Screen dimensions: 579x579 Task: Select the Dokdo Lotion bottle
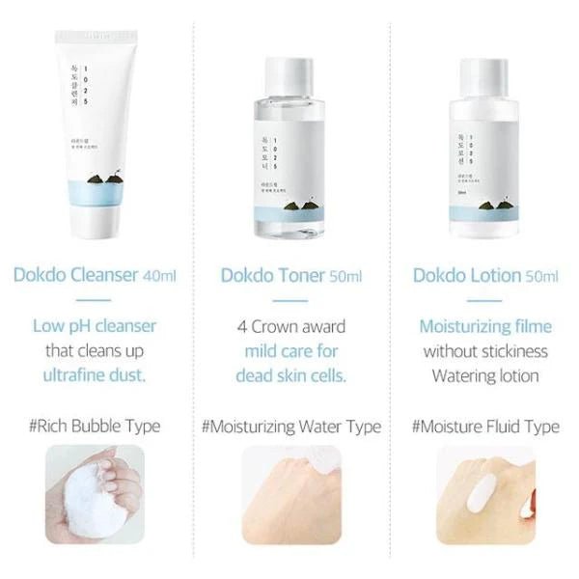pos(483,164)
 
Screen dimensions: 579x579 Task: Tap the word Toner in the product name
pos(303,275)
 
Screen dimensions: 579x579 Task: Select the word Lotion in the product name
pos(497,275)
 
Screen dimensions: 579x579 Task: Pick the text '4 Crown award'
pos(290,326)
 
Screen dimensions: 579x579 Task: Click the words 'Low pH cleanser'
pos(95,326)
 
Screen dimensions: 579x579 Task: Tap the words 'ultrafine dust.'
pos(95,374)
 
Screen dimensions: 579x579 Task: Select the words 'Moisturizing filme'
pos(484,326)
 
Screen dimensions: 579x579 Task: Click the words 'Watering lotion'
pos(484,374)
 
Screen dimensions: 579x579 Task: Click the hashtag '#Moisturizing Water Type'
pos(290,426)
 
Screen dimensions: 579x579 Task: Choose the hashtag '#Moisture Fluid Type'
pos(484,426)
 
